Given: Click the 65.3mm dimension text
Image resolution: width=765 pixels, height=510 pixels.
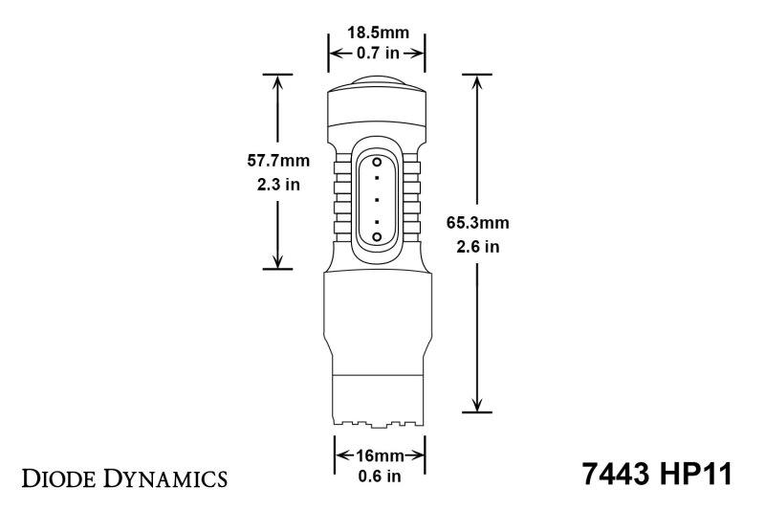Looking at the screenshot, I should tap(477, 223).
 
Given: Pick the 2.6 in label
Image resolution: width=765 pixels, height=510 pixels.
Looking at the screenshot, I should tap(477, 247).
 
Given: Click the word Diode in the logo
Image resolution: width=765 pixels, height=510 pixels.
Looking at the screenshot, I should tap(66, 475).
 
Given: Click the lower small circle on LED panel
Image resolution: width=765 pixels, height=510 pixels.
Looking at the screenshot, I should tap(377, 235).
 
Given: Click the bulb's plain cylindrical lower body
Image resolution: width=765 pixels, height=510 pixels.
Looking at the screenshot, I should tap(376, 316).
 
